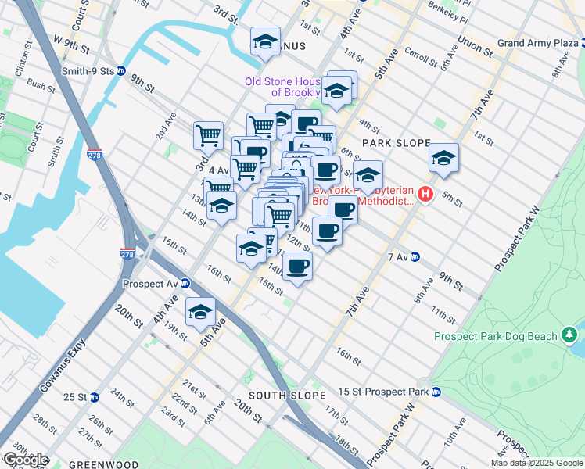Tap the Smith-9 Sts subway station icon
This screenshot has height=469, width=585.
[121, 70]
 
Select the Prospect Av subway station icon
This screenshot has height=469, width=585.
[186, 284]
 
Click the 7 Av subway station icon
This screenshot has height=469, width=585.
[415, 256]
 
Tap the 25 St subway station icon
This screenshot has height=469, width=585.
[94, 397]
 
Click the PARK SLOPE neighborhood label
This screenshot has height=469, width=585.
[397, 143]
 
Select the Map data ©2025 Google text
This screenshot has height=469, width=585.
[537, 463]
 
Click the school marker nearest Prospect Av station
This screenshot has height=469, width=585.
[201, 311]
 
